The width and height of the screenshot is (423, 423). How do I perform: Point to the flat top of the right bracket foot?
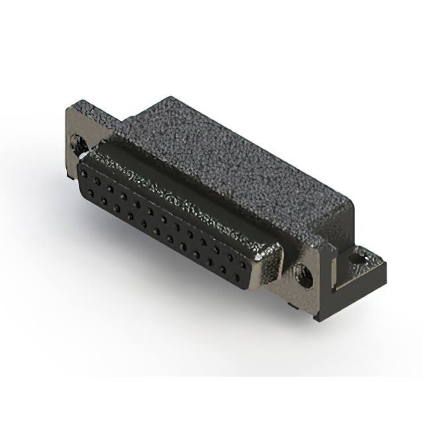click(367, 264)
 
